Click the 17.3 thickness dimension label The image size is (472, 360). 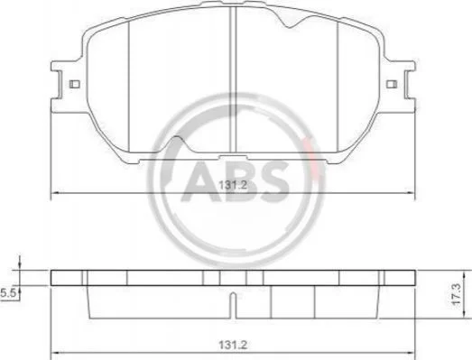pyautogui.click(x=456, y=294)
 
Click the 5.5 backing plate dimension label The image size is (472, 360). pyautogui.click(x=8, y=293)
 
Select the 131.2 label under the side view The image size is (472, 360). pyautogui.click(x=233, y=345)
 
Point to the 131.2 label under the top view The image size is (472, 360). pyautogui.click(x=233, y=185)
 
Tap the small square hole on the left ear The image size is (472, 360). pyautogui.click(x=74, y=84)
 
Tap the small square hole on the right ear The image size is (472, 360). pyautogui.click(x=392, y=84)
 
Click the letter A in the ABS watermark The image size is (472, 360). pyautogui.click(x=200, y=181)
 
